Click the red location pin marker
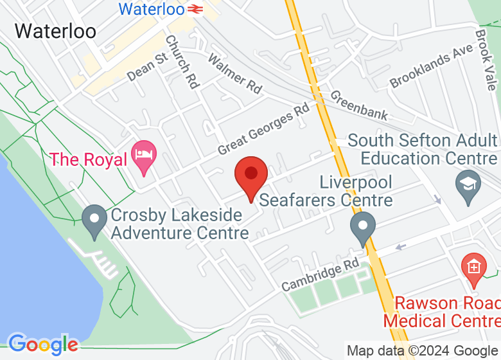251,175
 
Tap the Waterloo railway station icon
196,9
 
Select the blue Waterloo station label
152,9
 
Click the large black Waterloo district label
55,31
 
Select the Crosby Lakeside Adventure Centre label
179,224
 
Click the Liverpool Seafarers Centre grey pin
363,228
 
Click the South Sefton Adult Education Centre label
424,149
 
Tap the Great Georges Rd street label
263,130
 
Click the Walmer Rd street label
234,74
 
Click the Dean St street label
147,67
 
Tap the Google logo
42,345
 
